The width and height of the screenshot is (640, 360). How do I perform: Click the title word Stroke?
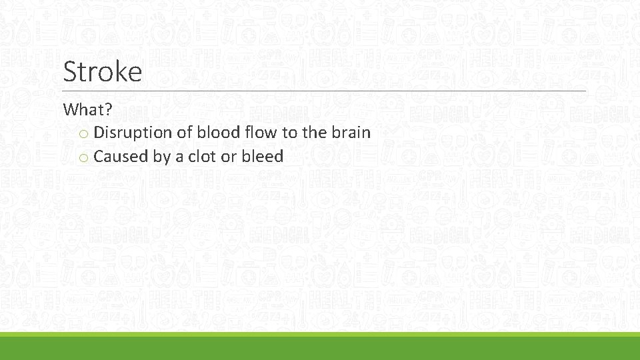pyautogui.click(x=102, y=71)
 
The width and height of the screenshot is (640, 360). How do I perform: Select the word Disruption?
pyautogui.click(x=133, y=133)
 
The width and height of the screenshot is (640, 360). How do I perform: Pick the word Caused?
pyautogui.click(x=121, y=157)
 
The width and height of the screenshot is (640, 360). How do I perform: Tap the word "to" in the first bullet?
pyautogui.click(x=289, y=133)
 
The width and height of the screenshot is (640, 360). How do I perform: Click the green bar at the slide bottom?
pyautogui.click(x=320, y=347)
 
